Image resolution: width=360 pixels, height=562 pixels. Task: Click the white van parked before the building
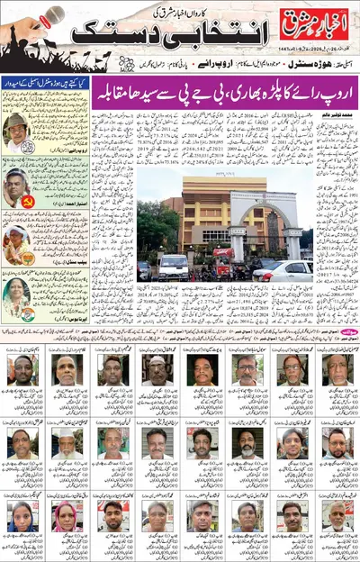pyautogui.click(x=175, y=266)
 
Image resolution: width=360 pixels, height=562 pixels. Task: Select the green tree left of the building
pyautogui.click(x=148, y=225)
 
